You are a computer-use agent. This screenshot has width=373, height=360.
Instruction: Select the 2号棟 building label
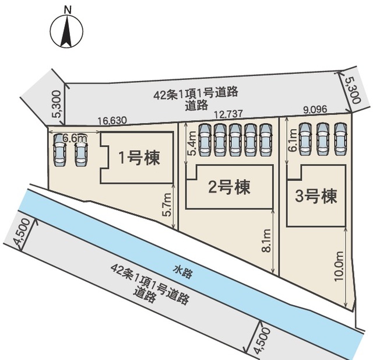pos(229,188)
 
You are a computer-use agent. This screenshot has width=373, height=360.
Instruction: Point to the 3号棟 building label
pos(316,196)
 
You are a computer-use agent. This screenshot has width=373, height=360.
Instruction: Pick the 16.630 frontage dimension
pos(111,120)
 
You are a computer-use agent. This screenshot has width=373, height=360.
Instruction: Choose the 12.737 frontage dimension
pos(228,116)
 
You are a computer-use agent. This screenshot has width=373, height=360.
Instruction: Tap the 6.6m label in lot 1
pos(74,138)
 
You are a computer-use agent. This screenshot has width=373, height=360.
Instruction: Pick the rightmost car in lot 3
pos(340,139)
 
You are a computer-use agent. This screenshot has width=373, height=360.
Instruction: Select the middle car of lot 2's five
pos(235,139)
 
